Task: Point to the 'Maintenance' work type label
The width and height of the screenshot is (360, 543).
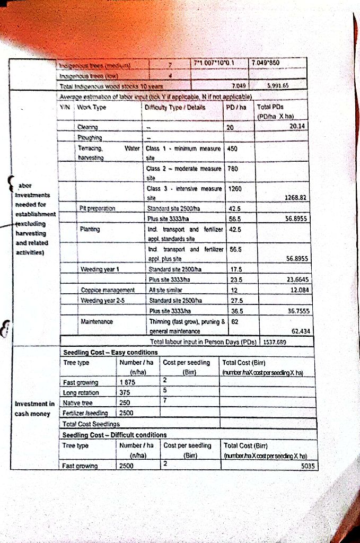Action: [97, 321]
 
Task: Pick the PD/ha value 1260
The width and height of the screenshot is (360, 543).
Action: [234, 188]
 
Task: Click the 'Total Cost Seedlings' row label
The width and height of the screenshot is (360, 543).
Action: [91, 424]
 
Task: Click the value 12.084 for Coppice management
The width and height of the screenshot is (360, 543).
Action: [298, 290]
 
